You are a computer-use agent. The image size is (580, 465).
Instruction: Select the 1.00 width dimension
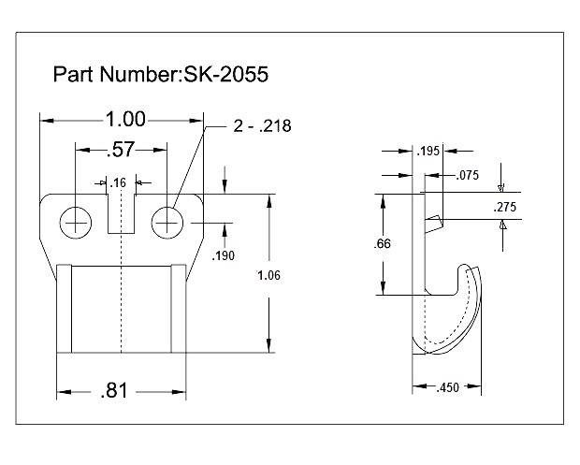pyautogui.click(x=125, y=120)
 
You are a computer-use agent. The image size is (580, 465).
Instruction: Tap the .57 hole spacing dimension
pyautogui.click(x=122, y=149)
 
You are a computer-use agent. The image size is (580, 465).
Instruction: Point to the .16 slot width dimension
pyautogui.click(x=119, y=182)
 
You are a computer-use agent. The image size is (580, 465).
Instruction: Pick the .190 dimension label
pyautogui.click(x=224, y=254)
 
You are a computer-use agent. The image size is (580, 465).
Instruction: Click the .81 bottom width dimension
pyautogui.click(x=114, y=391)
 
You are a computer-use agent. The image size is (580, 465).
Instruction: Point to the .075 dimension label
pyautogui.click(x=468, y=175)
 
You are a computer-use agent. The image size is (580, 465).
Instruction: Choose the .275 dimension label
pyautogui.click(x=505, y=207)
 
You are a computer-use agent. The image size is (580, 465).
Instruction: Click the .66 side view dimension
pyautogui.click(x=383, y=243)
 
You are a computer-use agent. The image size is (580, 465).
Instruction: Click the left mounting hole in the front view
pyautogui.click(x=76, y=223)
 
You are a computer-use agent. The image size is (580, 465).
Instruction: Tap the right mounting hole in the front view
pyautogui.click(x=167, y=222)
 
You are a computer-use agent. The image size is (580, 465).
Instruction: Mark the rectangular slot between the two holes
pyautogui.click(x=122, y=212)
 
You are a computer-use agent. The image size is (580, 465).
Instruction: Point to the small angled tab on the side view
pyautogui.click(x=432, y=222)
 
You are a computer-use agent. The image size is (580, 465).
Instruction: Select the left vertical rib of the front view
pyautogui.click(x=65, y=309)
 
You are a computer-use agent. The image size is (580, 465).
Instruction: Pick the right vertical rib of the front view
pyautogui.click(x=178, y=309)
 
